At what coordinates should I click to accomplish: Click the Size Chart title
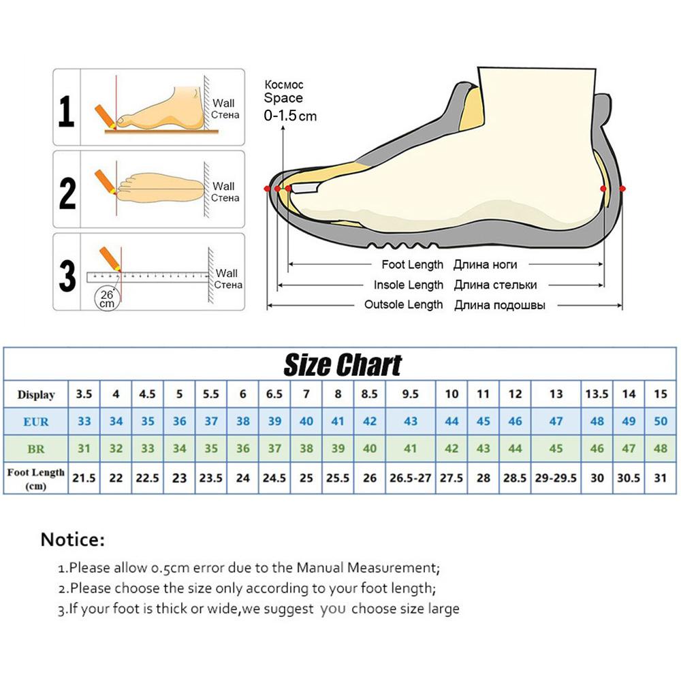click(x=343, y=365)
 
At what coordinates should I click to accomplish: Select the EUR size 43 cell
click(x=411, y=421)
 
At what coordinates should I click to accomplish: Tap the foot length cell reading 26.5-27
click(x=411, y=478)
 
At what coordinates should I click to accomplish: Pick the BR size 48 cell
click(x=660, y=449)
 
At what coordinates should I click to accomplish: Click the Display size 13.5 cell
click(x=597, y=394)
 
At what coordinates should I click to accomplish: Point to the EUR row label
click(x=36, y=422)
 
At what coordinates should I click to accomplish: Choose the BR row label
click(x=36, y=449)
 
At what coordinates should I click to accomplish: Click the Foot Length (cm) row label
click(x=36, y=479)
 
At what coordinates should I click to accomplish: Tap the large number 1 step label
click(x=66, y=111)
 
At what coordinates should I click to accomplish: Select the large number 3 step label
click(x=67, y=276)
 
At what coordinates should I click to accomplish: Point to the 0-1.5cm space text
click(x=290, y=116)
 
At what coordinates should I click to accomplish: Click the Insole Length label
click(x=409, y=285)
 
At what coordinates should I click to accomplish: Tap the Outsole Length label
click(x=403, y=304)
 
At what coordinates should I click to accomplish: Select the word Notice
click(x=73, y=540)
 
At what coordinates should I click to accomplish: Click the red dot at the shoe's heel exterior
click(x=622, y=188)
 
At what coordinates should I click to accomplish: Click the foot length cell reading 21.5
click(x=84, y=478)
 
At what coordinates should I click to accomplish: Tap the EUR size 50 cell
click(x=660, y=421)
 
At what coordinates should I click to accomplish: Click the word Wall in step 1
click(x=223, y=104)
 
